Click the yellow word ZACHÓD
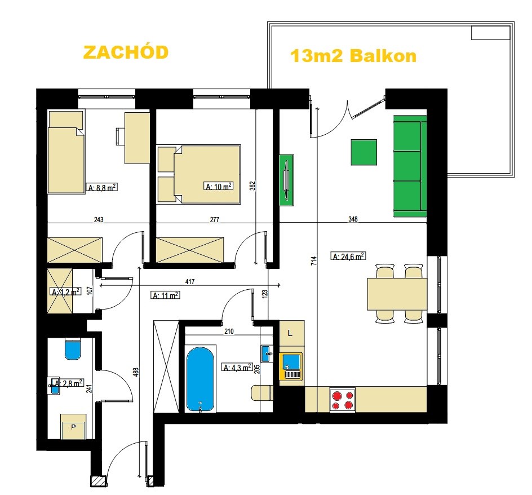[126, 52]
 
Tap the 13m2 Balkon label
[353, 56]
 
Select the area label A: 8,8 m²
[103, 187]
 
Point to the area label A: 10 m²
[219, 186]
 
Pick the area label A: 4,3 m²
[237, 367]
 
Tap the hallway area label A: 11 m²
[165, 295]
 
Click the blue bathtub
[200, 379]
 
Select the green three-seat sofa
[410, 166]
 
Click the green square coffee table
[363, 152]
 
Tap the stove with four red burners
[342, 400]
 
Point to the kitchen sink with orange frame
[291, 366]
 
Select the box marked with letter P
[73, 426]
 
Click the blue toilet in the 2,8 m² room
[73, 350]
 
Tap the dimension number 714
[313, 260]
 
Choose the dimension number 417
[190, 281]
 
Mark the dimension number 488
[135, 372]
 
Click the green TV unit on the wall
[287, 180]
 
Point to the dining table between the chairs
[397, 294]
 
